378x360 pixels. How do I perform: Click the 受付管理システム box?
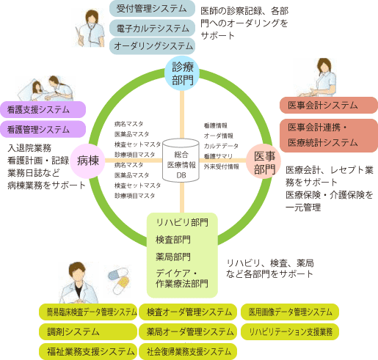click(x=152, y=10)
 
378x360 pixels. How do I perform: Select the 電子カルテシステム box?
click(x=152, y=28)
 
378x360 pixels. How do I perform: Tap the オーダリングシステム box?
click(x=152, y=46)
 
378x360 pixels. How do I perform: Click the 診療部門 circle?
click(x=183, y=73)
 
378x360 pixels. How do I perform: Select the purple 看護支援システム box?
click(x=44, y=110)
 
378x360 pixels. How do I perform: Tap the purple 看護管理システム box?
click(x=44, y=129)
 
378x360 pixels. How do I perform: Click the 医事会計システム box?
click(x=328, y=104)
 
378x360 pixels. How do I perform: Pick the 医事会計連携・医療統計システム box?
click(x=328, y=134)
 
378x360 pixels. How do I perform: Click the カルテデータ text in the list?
click(x=219, y=146)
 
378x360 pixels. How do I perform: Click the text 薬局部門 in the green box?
click(x=173, y=257)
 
